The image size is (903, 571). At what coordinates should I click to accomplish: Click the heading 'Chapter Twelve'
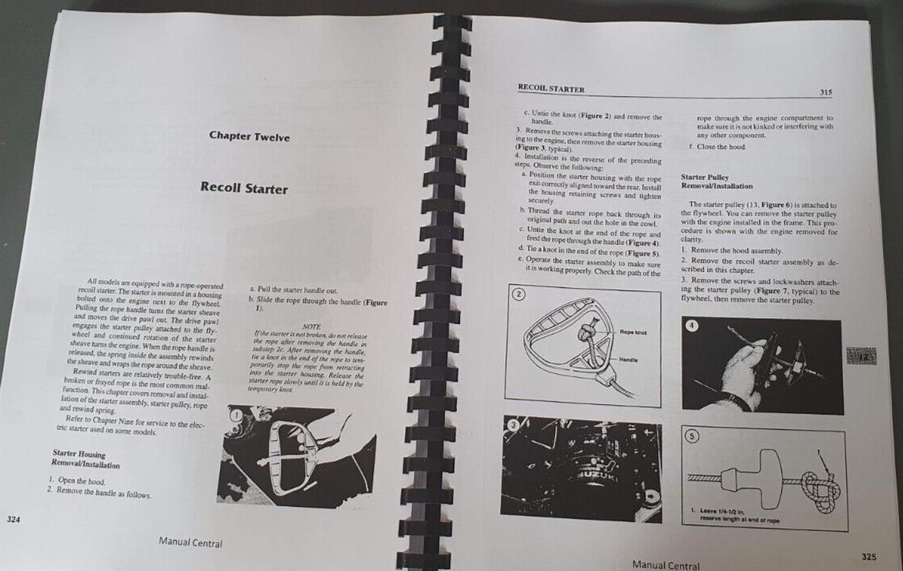(x=250, y=136)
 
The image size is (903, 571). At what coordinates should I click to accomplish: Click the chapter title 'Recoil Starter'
(x=245, y=189)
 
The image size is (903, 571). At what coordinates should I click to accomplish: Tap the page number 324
(x=13, y=520)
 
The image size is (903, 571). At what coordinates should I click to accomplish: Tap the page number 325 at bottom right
(x=868, y=556)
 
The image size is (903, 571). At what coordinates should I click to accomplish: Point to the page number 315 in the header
(x=826, y=92)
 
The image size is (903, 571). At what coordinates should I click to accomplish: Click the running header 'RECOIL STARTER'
(x=551, y=89)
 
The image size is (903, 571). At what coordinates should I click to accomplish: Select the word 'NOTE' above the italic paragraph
(x=307, y=326)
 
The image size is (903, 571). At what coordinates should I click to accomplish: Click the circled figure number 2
(x=519, y=295)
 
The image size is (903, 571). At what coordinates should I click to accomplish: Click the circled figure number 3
(x=513, y=423)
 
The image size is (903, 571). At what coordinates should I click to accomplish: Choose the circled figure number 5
(x=692, y=435)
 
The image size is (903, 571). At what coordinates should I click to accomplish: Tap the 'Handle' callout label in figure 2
(x=629, y=360)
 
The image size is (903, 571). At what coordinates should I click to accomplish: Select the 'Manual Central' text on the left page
(x=190, y=544)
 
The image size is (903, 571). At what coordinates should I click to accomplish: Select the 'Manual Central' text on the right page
(x=665, y=565)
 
